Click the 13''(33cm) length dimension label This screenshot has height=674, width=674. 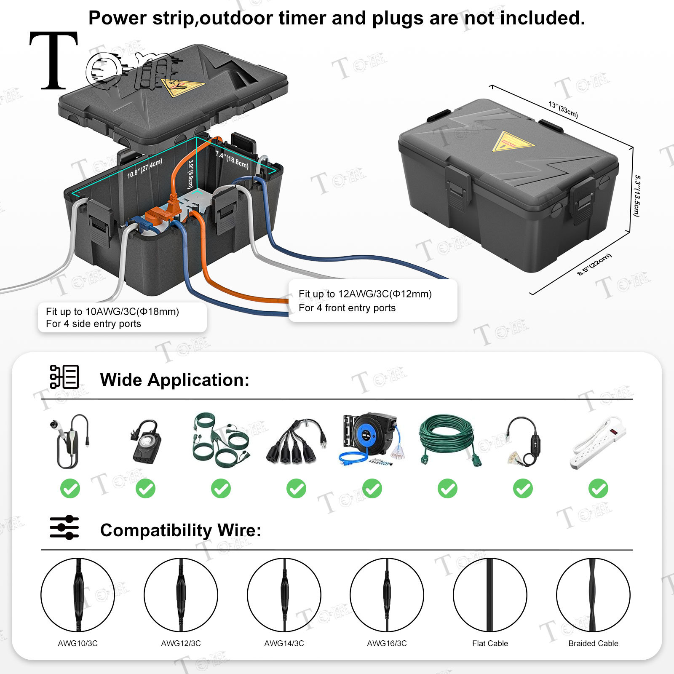[x=563, y=110]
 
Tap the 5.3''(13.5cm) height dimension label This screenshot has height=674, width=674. [x=637, y=196]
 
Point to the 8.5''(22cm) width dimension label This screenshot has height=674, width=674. [x=594, y=265]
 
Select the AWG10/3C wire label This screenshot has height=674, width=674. [x=78, y=643]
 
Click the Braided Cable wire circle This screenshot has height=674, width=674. [x=593, y=595]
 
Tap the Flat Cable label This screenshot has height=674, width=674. [x=490, y=643]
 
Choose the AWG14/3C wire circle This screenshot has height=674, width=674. [x=284, y=595]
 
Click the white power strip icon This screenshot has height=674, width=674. [x=598, y=443]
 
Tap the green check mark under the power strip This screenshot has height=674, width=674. [x=598, y=489]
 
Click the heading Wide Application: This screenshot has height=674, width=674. [x=174, y=380]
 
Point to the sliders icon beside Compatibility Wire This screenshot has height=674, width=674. [x=64, y=527]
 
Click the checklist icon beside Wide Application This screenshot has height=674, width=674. [x=64, y=377]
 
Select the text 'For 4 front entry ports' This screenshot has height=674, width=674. [x=347, y=308]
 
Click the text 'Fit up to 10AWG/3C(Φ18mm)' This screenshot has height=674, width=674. [x=112, y=312]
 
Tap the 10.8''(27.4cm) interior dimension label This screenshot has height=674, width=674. [x=144, y=168]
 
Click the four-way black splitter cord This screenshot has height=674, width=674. [x=296, y=441]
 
